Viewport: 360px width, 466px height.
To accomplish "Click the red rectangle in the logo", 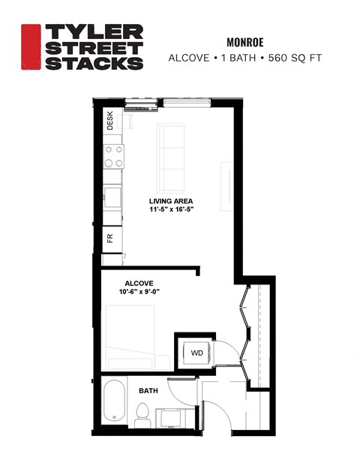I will tap(31, 47).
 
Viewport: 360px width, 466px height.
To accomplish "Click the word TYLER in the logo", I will tap(94, 32).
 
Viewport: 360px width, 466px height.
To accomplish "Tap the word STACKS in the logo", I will tap(94, 63).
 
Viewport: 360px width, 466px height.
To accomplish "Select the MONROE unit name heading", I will tap(247, 43).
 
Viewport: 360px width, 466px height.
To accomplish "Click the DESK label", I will tap(109, 122).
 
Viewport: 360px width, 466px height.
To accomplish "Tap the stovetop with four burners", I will tap(113, 155).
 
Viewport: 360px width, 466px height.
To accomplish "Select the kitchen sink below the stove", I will tap(113, 197).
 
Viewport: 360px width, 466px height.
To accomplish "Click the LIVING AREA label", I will tap(171, 201).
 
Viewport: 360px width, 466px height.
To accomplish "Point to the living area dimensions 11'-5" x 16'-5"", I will tap(171, 210).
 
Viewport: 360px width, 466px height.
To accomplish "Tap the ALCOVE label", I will tap(139, 283).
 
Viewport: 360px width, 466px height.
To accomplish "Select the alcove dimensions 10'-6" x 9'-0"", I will tap(139, 292).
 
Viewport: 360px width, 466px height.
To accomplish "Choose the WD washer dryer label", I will tap(196, 352).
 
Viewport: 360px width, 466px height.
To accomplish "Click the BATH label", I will tap(147, 390).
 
